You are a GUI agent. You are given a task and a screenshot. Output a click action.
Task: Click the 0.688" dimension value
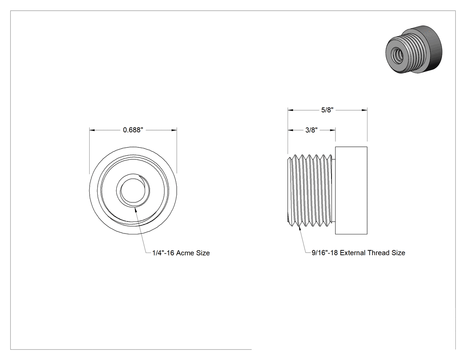pyautogui.click(x=133, y=130)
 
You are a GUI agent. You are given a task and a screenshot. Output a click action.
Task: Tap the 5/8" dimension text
pyautogui.click(x=327, y=110)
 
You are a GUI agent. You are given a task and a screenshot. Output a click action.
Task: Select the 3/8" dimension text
pyautogui.click(x=312, y=130)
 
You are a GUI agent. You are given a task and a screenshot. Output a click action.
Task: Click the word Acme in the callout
pyautogui.click(x=184, y=253)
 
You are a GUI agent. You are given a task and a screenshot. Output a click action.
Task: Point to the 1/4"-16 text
pyautogui.click(x=163, y=253)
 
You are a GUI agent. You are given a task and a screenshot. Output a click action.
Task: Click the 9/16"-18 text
pyautogui.click(x=324, y=253)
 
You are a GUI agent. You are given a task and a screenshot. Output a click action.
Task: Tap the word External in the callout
pyautogui.click(x=353, y=253)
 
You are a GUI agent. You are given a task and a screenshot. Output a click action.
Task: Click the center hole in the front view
pyautogui.click(x=133, y=190)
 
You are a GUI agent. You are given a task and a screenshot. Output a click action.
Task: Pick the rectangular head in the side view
pyautogui.click(x=351, y=190)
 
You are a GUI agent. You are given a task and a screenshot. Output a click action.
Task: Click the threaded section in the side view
pyautogui.click(x=312, y=190)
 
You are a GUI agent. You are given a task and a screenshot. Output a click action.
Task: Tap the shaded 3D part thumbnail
pyautogui.click(x=414, y=50)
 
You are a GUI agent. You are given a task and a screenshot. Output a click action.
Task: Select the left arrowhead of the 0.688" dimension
pyautogui.click(x=92, y=130)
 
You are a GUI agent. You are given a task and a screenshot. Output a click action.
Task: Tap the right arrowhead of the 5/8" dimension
pyautogui.click(x=364, y=110)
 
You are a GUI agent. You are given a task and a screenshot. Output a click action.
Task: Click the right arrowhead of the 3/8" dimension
pyautogui.click(x=332, y=130)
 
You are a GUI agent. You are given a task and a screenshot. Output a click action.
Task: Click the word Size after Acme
pyautogui.click(x=202, y=253)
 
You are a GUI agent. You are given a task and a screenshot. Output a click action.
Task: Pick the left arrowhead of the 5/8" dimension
pyautogui.click(x=291, y=110)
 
